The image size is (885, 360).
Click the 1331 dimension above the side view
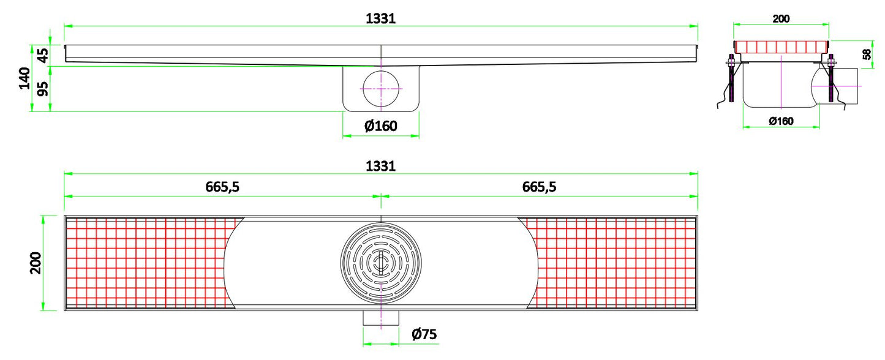click(380, 18)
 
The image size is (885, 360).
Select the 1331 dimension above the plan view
click(380, 166)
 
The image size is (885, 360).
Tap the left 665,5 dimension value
click(222, 187)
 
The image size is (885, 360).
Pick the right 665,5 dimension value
click(539, 187)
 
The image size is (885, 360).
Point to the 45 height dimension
click(41, 55)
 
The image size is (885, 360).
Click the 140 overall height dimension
click(25, 78)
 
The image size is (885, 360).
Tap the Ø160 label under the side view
click(380, 126)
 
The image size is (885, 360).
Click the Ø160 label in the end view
click(780, 121)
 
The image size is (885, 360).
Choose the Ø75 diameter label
click(424, 334)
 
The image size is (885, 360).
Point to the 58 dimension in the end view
click(867, 54)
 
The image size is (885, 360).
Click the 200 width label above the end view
click(781, 18)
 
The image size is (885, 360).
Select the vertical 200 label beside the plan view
click(36, 263)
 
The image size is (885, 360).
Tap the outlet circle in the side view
click(381, 89)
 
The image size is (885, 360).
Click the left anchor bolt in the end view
click(730, 80)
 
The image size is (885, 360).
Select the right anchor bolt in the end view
click(831, 80)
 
